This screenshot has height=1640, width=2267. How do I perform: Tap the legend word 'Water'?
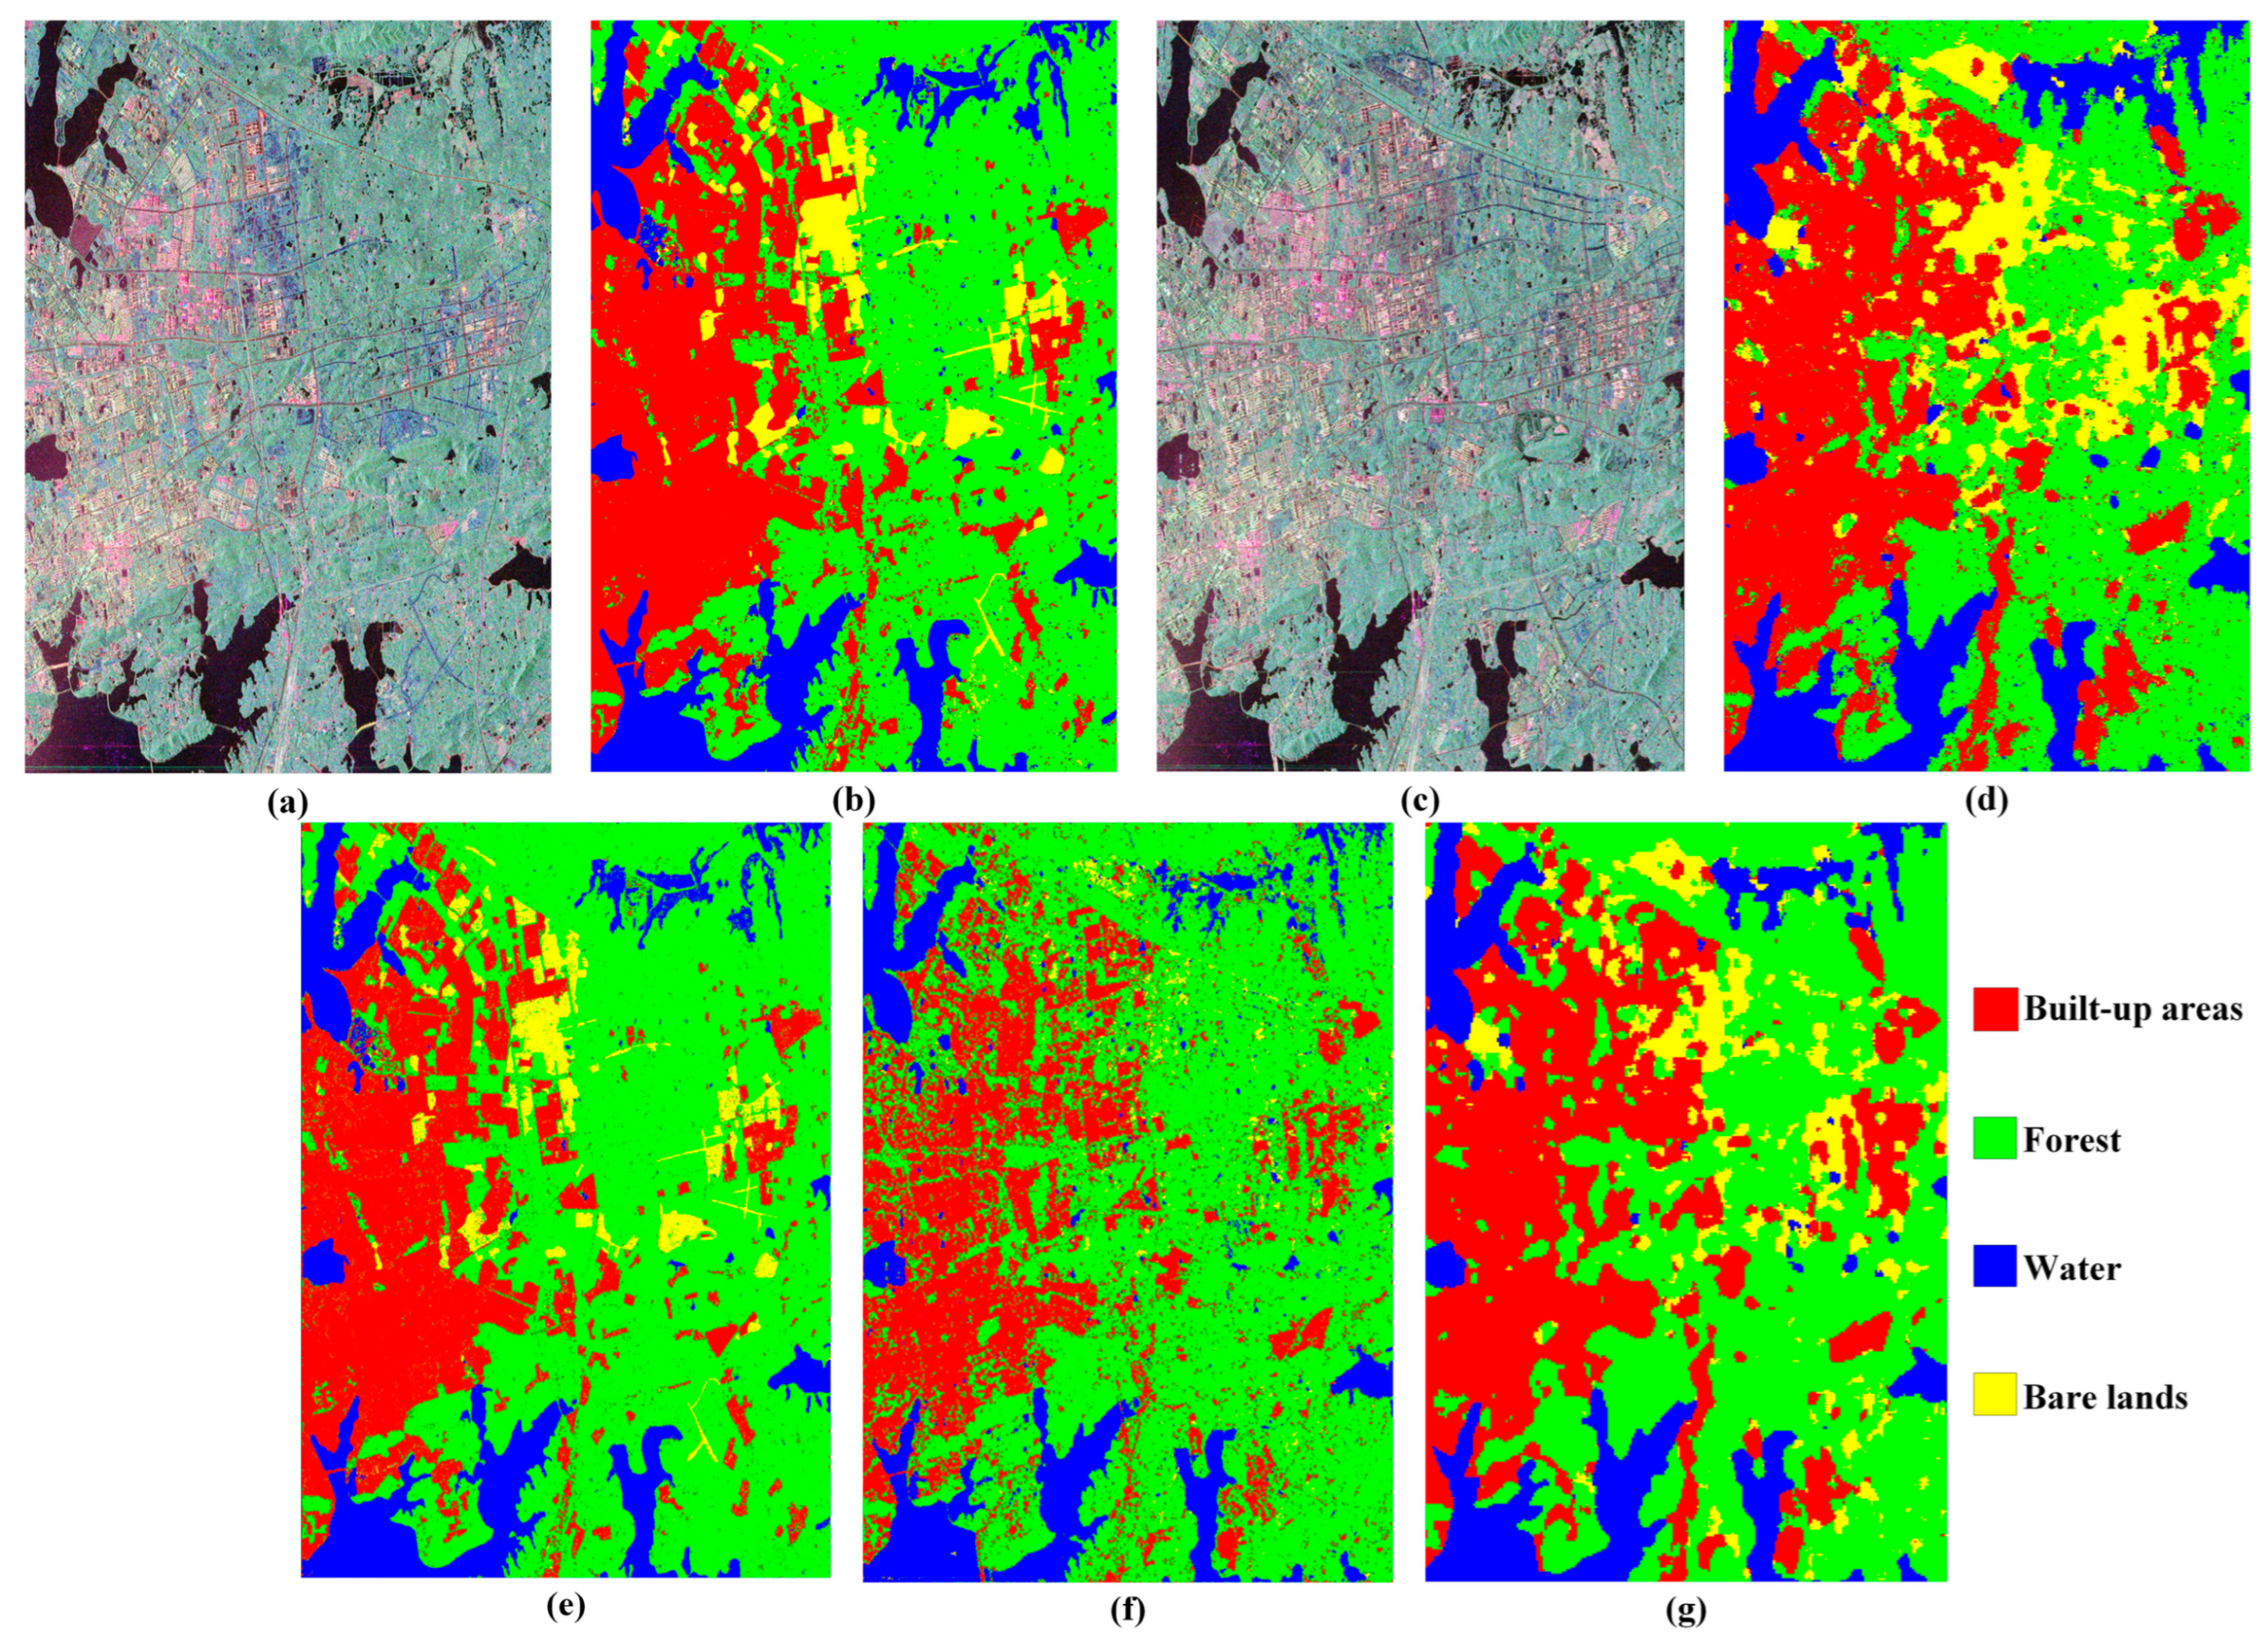pos(2071,1268)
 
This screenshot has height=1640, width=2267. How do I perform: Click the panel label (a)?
pos(288,800)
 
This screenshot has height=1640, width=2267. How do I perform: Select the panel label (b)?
pos(854,800)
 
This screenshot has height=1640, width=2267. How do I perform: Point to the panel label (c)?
pos(1420,800)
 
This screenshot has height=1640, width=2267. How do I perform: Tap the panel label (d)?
pos(1985,800)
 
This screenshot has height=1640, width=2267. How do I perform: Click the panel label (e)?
pos(565,1608)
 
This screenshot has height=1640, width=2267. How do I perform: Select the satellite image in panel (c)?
pos(1420,396)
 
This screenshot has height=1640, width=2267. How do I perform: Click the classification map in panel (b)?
pos(854,396)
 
